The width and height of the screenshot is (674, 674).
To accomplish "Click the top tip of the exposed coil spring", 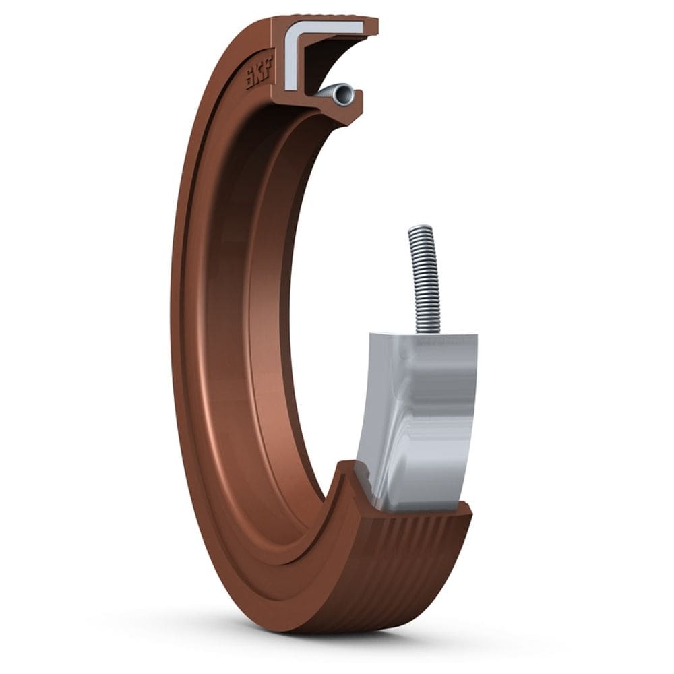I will pyautogui.click(x=419, y=229).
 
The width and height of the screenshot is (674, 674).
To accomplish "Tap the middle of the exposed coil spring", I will pyautogui.click(x=425, y=280).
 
